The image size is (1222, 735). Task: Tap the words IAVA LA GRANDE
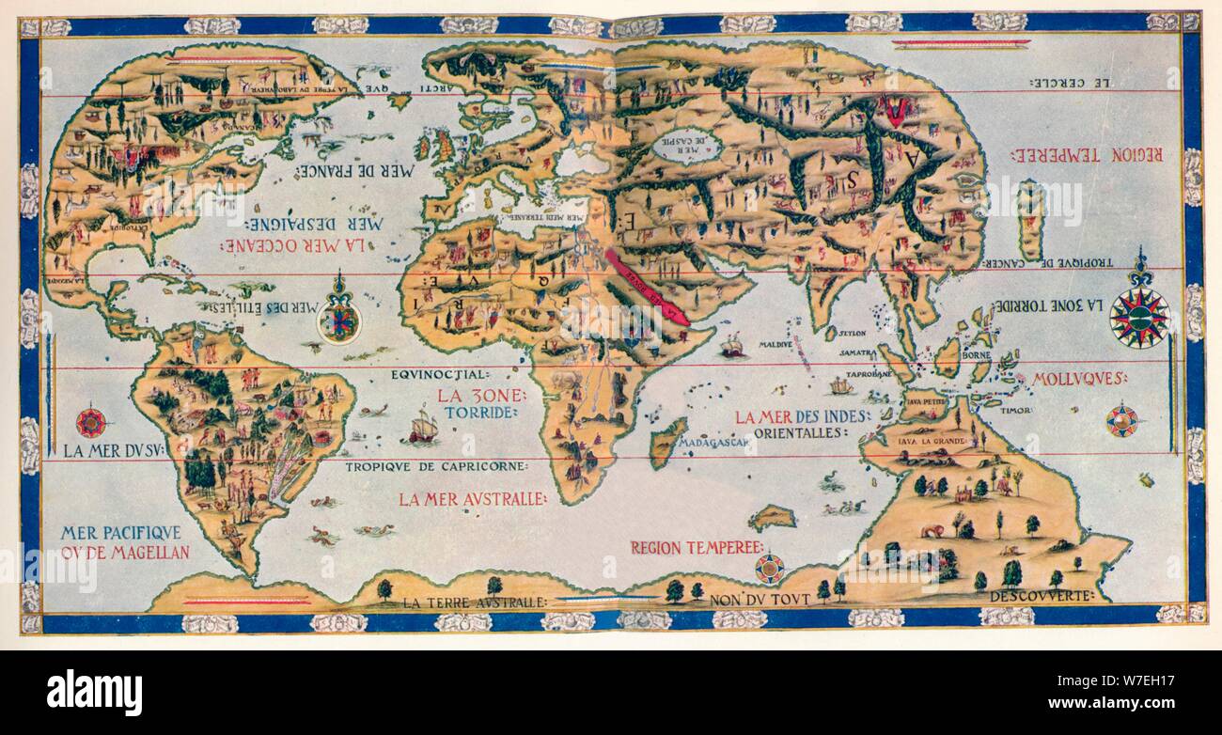931,438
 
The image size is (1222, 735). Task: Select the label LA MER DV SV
114,450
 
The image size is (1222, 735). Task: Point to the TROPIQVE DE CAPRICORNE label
435,466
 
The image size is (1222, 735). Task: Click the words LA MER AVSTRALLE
472,499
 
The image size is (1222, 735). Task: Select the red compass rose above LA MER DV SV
92,421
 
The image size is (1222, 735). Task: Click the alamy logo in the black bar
94,692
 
